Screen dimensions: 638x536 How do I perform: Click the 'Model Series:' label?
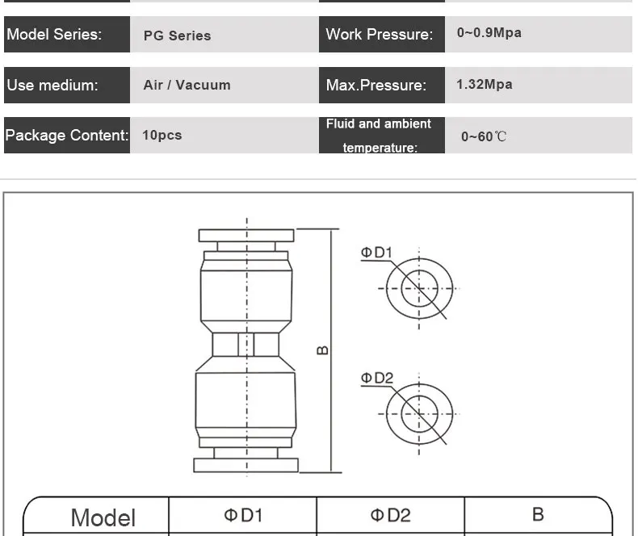54,35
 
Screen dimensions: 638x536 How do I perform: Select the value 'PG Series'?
177,36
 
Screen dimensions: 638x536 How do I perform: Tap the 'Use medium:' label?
52,86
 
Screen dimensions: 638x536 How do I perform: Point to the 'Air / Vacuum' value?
187,85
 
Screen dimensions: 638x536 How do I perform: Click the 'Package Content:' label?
67,136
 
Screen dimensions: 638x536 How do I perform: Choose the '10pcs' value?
162,136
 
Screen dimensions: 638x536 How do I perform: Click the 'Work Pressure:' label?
380,35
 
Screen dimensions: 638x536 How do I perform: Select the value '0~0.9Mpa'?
489,33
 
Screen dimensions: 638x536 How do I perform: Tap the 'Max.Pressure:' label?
376,86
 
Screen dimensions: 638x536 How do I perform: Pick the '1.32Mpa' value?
485,85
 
